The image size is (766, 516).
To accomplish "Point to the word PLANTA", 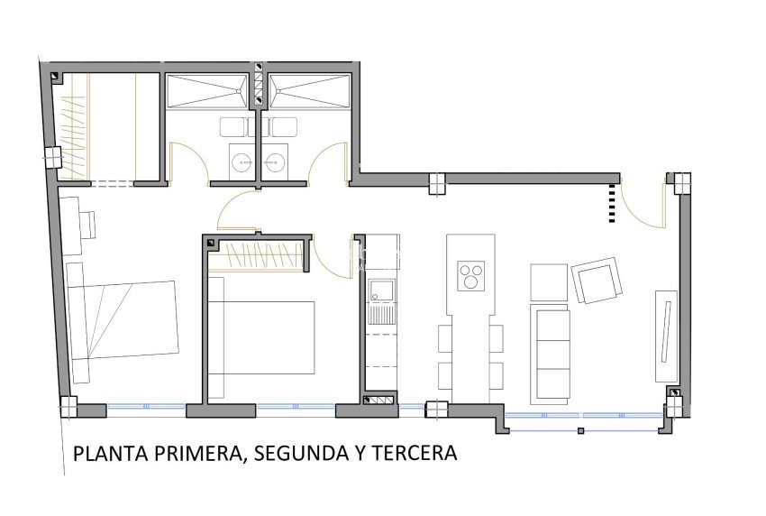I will click(x=105, y=452).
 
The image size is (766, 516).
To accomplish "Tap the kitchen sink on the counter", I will click(x=382, y=290).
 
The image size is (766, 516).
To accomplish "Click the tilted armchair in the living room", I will click(x=597, y=281).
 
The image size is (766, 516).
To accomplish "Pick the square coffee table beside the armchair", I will click(x=549, y=283).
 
